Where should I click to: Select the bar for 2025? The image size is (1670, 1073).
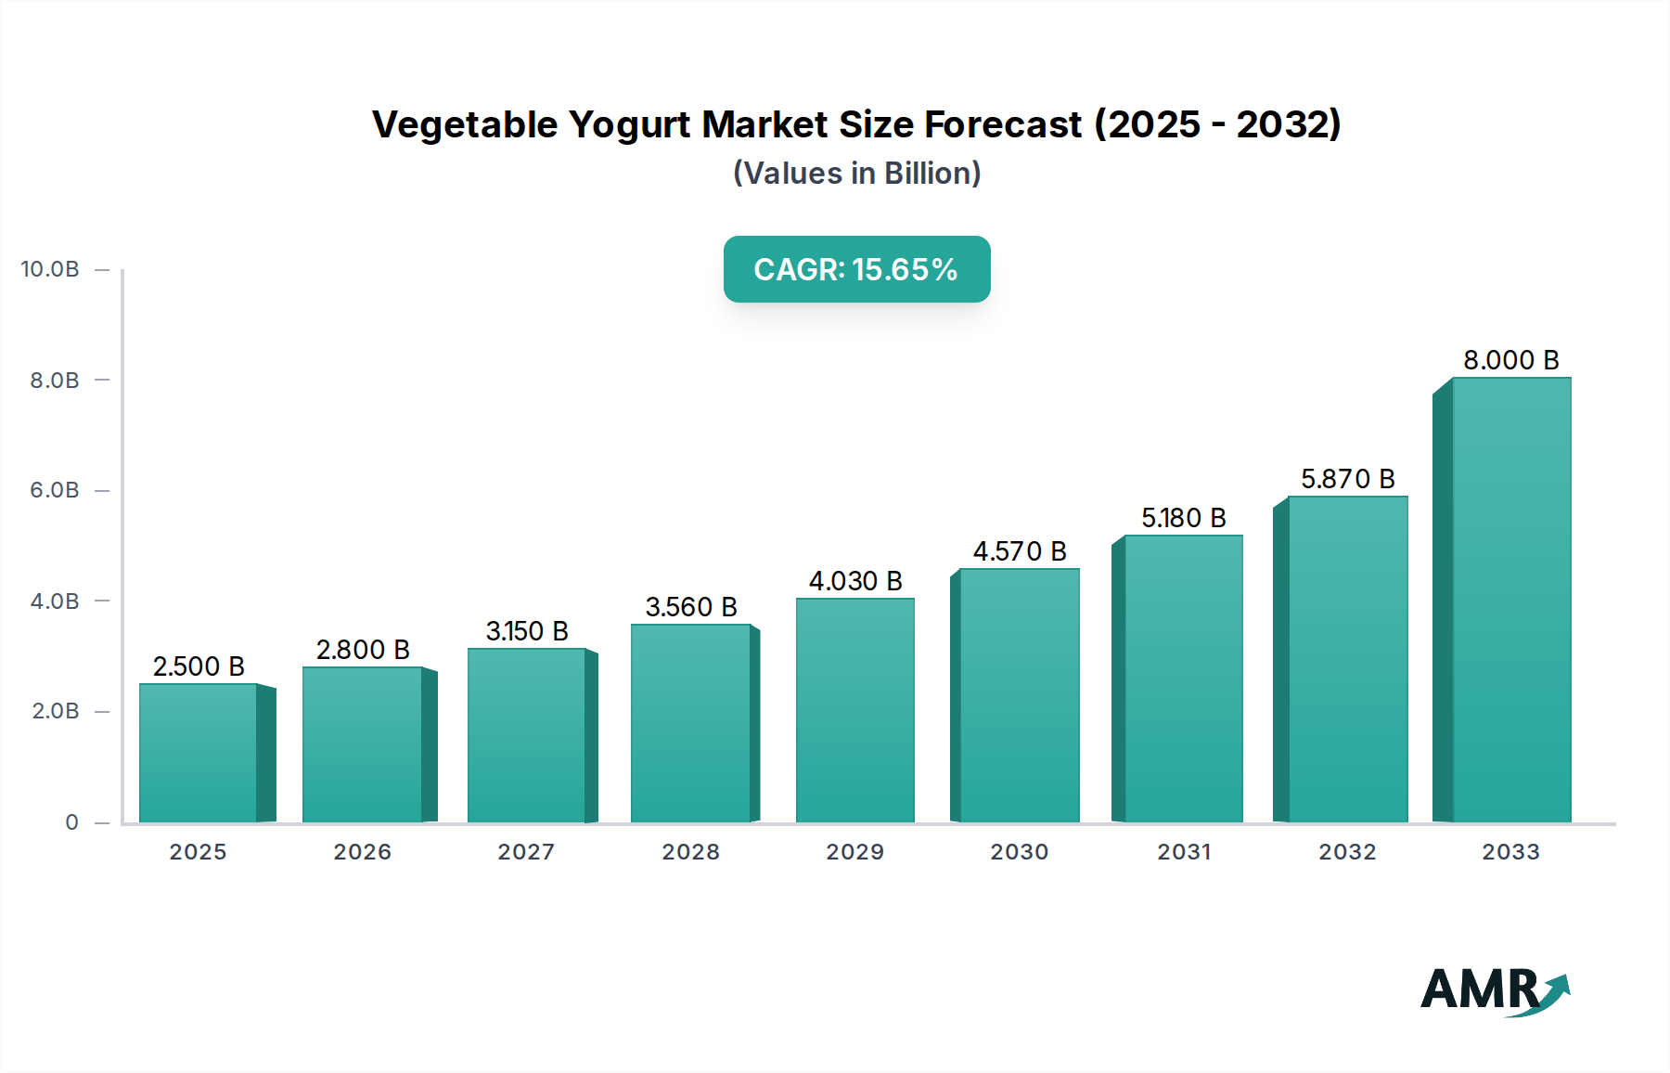pyautogui.click(x=198, y=753)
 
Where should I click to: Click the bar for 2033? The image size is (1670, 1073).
pyautogui.click(x=1511, y=601)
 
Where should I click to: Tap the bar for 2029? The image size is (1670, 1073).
pyautogui.click(x=854, y=710)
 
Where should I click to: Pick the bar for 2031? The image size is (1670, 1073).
pyautogui.click(x=1183, y=679)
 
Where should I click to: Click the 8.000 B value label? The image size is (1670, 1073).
pyautogui.click(x=1510, y=360)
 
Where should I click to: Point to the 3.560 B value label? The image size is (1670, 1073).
pyautogui.click(x=691, y=607)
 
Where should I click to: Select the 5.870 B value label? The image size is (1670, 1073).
pyautogui.click(x=1347, y=479)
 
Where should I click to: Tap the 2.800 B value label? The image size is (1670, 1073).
pyautogui.click(x=363, y=650)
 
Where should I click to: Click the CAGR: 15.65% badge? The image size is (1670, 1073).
pyautogui.click(x=856, y=269)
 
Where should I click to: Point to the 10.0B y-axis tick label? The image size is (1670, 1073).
pyautogui.click(x=50, y=269)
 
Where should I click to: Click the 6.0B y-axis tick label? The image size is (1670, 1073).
pyautogui.click(x=55, y=490)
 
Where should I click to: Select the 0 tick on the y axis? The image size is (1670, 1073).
pyautogui.click(x=71, y=822)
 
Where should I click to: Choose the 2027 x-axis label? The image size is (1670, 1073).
pyautogui.click(x=526, y=852)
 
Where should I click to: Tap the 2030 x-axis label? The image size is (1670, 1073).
pyautogui.click(x=1019, y=852)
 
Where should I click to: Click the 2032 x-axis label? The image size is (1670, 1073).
pyautogui.click(x=1347, y=852)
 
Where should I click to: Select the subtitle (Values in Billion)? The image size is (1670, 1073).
pyautogui.click(x=856, y=174)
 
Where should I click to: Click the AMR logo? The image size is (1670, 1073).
pyautogui.click(x=1494, y=990)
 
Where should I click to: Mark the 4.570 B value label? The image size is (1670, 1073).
pyautogui.click(x=1019, y=551)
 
